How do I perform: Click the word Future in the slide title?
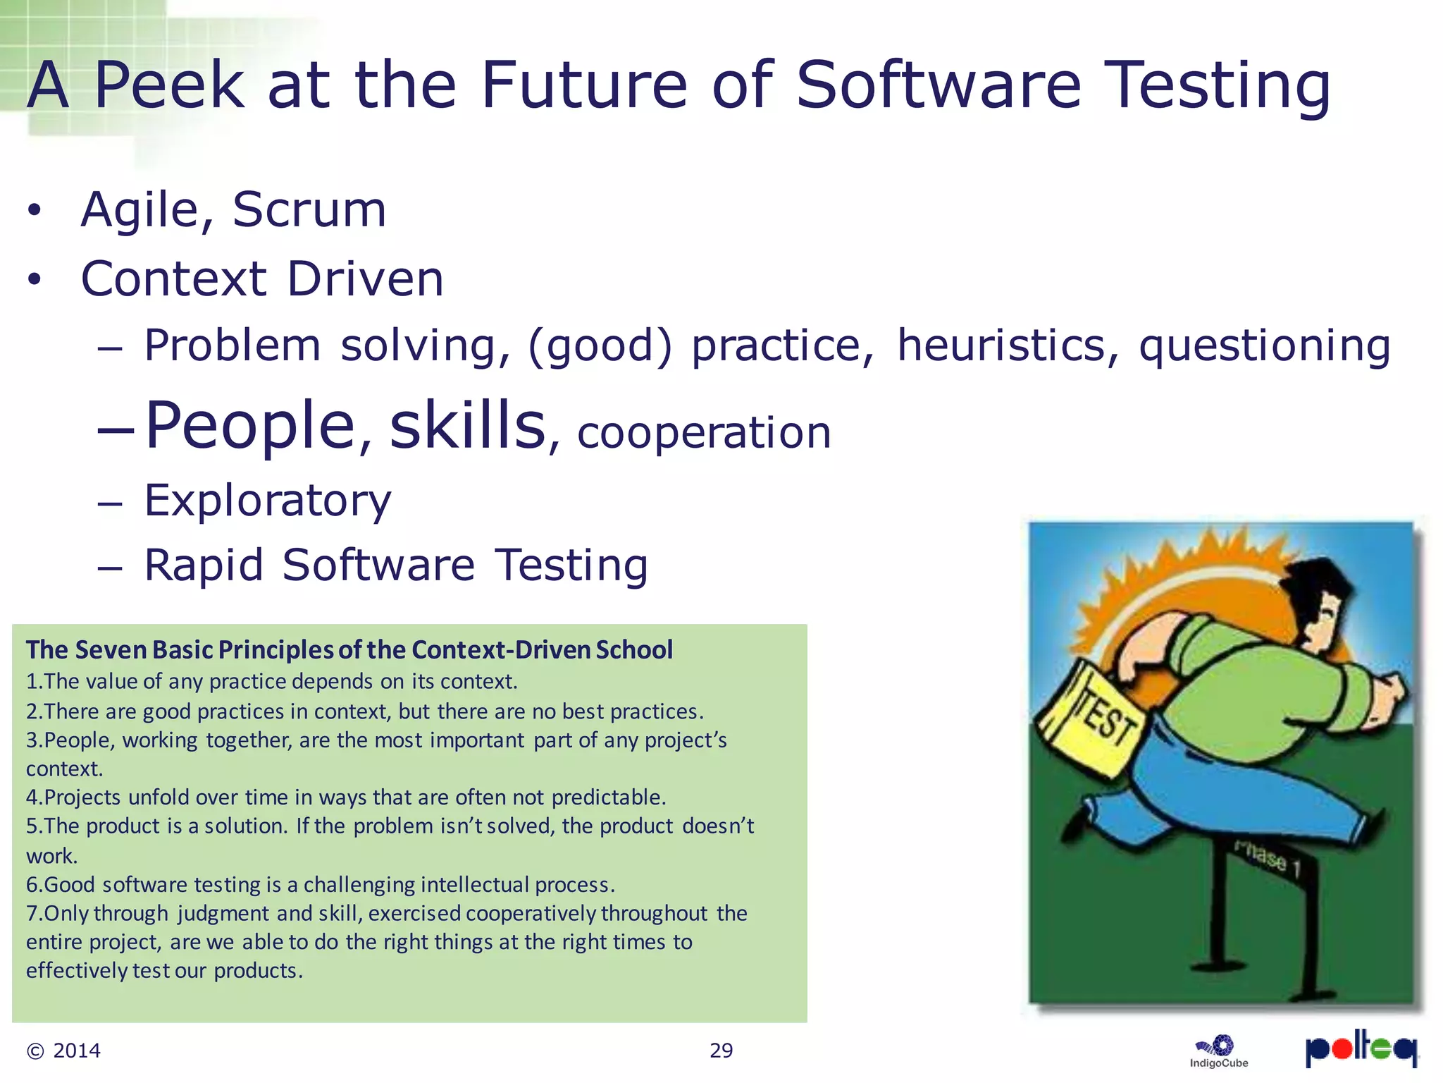(x=583, y=85)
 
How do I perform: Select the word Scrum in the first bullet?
(x=309, y=210)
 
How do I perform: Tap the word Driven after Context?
(x=366, y=279)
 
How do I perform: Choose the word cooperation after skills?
(x=704, y=432)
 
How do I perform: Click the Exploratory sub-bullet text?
(x=268, y=501)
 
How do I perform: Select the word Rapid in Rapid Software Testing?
(x=204, y=565)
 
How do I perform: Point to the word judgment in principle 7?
(x=223, y=914)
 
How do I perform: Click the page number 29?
(x=721, y=1051)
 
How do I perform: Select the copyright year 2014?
(x=77, y=1051)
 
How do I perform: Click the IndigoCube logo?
(x=1218, y=1051)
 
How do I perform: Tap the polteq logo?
(x=1361, y=1048)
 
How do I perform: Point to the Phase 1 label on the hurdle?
(x=1266, y=859)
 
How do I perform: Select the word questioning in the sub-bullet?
(x=1265, y=345)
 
